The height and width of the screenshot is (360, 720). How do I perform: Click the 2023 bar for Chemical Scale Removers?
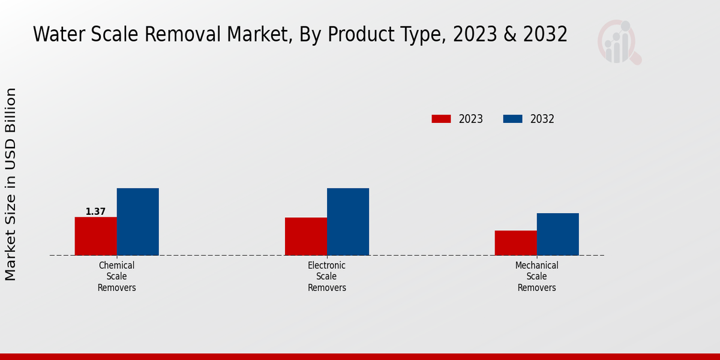point(95,236)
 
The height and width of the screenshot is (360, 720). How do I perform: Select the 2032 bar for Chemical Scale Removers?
point(137,221)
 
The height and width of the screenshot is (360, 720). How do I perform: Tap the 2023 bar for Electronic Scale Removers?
point(306,236)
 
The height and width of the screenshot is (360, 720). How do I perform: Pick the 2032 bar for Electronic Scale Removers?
point(348,221)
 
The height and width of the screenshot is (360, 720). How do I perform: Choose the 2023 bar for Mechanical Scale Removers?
point(515,243)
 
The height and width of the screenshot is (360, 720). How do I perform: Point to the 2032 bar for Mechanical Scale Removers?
point(557,234)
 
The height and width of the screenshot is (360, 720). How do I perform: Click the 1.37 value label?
point(95,212)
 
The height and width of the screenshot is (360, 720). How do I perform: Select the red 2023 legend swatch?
point(441,119)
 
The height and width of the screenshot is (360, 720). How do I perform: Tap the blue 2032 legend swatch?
point(512,119)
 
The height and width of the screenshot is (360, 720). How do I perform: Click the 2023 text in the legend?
point(471,119)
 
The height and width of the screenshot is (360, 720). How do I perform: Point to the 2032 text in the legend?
point(542,119)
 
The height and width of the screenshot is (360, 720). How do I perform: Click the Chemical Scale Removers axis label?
point(117,277)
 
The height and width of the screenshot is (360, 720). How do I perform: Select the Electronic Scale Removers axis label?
point(327,277)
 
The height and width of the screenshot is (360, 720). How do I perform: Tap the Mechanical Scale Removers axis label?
point(537,277)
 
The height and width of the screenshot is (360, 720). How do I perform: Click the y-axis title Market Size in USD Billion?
point(11,184)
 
